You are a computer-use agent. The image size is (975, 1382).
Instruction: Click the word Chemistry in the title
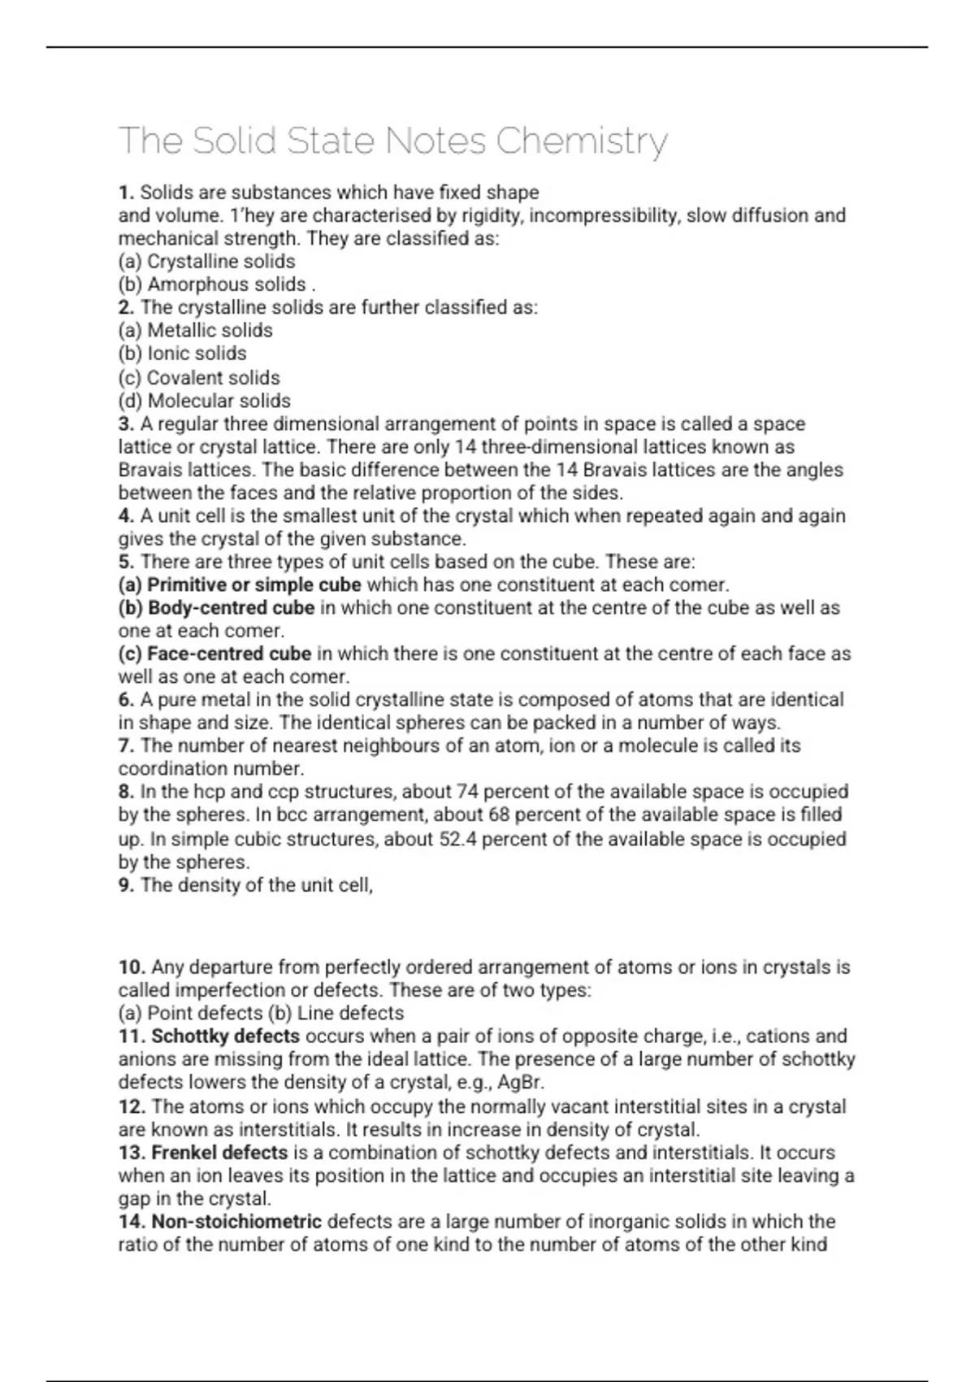(x=581, y=141)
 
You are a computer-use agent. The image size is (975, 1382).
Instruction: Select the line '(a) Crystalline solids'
(x=206, y=262)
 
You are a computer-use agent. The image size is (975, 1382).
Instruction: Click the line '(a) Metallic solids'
(x=195, y=330)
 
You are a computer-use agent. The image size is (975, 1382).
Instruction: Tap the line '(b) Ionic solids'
(x=182, y=354)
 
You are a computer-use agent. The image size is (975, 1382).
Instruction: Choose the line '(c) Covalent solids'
(x=199, y=378)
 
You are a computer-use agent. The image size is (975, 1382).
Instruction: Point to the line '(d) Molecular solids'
(x=204, y=401)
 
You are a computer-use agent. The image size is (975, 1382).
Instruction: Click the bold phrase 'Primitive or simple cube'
(x=254, y=585)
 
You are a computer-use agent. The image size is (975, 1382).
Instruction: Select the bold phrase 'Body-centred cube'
(x=231, y=608)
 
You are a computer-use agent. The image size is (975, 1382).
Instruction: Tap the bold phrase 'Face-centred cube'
(x=229, y=654)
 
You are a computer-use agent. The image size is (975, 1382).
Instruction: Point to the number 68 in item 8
(x=498, y=815)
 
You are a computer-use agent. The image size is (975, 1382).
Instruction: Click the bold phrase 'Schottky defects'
(x=225, y=1036)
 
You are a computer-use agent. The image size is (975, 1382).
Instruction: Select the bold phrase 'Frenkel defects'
(x=219, y=1153)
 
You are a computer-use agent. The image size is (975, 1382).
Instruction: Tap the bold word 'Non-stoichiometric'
(x=236, y=1222)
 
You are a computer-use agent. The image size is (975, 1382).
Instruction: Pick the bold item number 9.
(x=126, y=885)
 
